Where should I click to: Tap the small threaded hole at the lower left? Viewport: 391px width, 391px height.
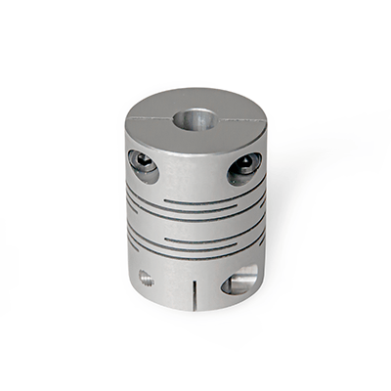[x=145, y=278]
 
